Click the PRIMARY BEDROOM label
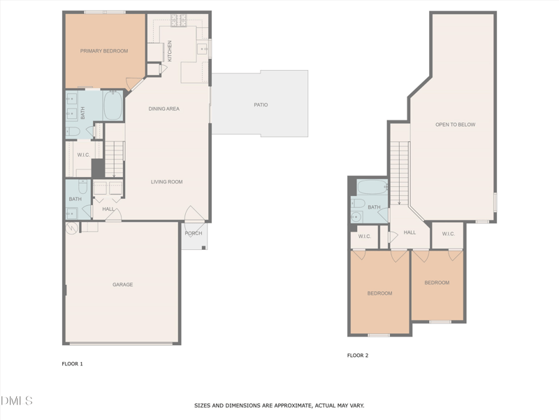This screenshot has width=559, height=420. coord(104,51)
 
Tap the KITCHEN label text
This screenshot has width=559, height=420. coord(169,50)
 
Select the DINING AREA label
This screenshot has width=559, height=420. coord(164,108)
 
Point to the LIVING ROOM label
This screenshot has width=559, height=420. coord(166,182)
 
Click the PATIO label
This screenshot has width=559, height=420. coord(261,105)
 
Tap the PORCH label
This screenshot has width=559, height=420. coord(194,233)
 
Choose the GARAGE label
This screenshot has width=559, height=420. coord(123,285)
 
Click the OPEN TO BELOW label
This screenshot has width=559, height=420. coord(455,125)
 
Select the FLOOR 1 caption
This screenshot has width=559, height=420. coord(73,364)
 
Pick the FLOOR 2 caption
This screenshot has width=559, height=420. coord(358,356)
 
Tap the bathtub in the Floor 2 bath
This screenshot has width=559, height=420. coord(372,188)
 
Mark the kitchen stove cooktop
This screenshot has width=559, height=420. coord(179,20)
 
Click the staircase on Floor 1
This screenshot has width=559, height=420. coord(114,158)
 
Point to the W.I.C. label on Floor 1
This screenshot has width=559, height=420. coord(84,155)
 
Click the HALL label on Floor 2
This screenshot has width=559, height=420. coord(409,232)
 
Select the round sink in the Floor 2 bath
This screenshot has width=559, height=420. coord(357,217)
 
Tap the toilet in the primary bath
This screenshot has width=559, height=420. coord(73,131)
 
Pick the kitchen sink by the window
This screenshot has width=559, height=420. coord(203,48)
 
